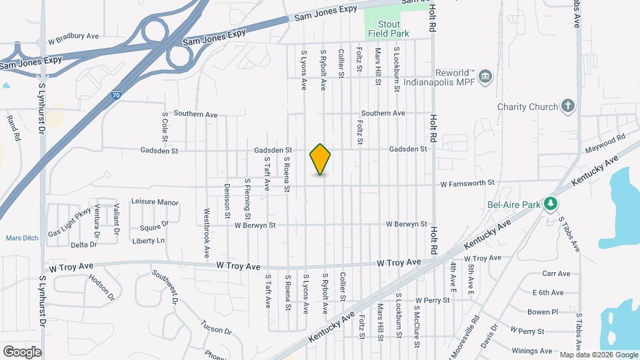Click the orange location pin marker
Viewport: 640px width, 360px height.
coord(321,159)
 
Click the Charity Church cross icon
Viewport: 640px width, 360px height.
coord(567,107)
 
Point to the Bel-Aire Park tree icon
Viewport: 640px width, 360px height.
coord(551,203)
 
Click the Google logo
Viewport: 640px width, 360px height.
coord(22,351)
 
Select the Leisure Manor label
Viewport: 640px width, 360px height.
coord(155,201)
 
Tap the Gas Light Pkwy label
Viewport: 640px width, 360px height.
coord(69,224)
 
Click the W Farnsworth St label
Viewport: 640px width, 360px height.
coord(467,183)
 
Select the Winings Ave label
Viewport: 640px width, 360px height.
coord(533,351)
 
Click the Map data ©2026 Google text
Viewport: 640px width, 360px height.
coord(599,355)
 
